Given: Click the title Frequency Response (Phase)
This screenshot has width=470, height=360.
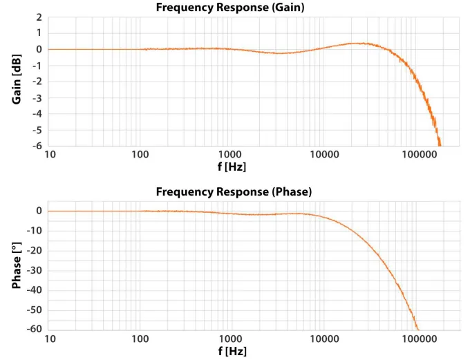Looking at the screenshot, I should click(234, 191).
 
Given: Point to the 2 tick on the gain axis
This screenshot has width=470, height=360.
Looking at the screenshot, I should click(39, 17).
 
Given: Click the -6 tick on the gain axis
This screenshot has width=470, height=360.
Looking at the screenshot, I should click(37, 146).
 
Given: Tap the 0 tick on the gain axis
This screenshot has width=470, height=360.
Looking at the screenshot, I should click(39, 49).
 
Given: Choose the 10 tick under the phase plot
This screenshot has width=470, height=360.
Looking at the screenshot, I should click(50, 340).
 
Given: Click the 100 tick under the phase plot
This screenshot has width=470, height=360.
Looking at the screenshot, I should click(141, 340).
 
